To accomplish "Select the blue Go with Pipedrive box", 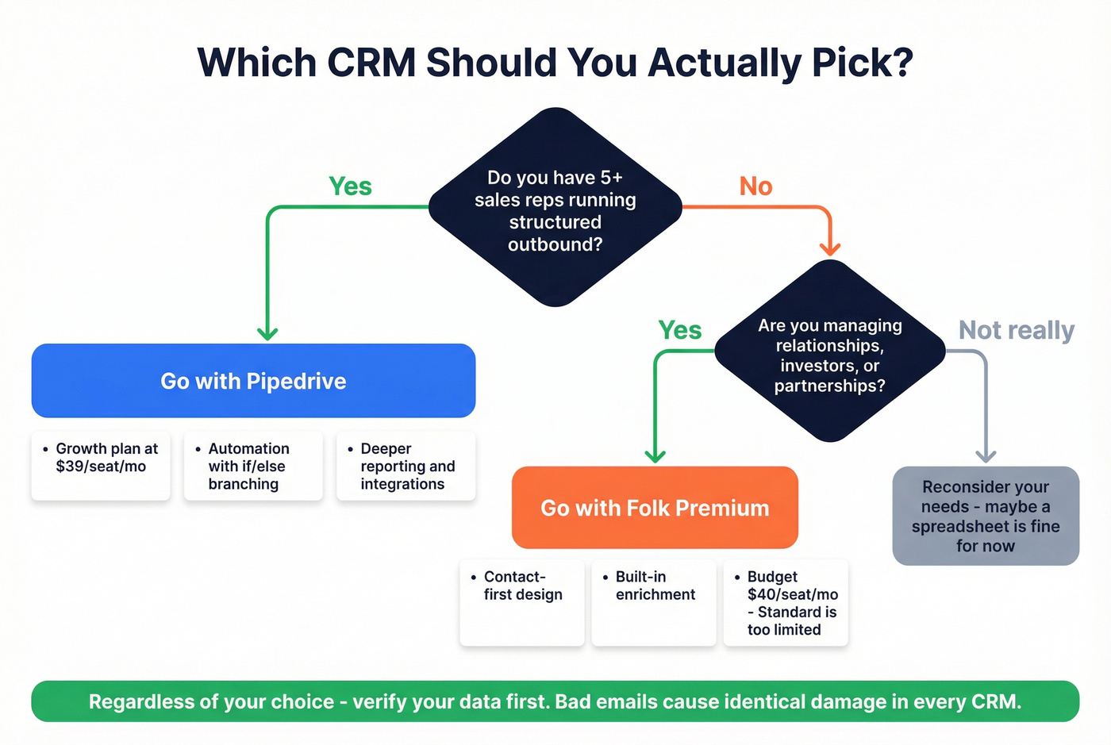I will pyautogui.click(x=253, y=381).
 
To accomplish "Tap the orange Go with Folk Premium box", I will pyautogui.click(x=655, y=508).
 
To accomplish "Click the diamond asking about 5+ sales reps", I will pyautogui.click(x=555, y=208).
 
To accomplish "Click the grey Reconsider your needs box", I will pyautogui.click(x=986, y=516).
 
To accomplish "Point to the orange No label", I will pyautogui.click(x=755, y=186).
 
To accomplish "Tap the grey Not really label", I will pyautogui.click(x=1017, y=330).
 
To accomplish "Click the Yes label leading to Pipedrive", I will pyautogui.click(x=350, y=186).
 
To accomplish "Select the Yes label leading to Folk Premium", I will pyautogui.click(x=680, y=330).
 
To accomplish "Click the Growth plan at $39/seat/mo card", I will pyautogui.click(x=101, y=466).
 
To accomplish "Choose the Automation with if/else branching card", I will pyautogui.click(x=253, y=466).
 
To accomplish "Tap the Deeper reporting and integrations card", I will pyautogui.click(x=406, y=466).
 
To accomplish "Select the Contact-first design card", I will pyautogui.click(x=522, y=602).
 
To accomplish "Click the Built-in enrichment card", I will pyautogui.click(x=654, y=602).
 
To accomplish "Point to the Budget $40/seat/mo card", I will pyautogui.click(x=786, y=602).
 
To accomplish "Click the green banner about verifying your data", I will pyautogui.click(x=555, y=701).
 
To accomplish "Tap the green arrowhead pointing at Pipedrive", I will pyautogui.click(x=267, y=332).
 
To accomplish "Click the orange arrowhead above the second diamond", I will pyautogui.click(x=830, y=248).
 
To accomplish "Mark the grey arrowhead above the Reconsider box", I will pyautogui.click(x=986, y=455).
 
